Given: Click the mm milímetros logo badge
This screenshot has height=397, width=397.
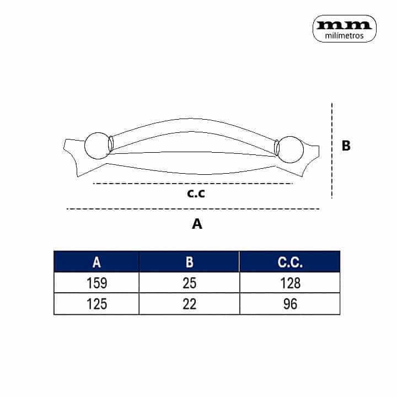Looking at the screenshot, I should click(x=345, y=28).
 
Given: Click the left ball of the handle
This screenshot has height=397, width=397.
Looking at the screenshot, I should click(x=96, y=146).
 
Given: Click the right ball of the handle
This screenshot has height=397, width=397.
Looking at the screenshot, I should click(x=289, y=149).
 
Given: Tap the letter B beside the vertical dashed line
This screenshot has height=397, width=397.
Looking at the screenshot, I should click(x=346, y=146).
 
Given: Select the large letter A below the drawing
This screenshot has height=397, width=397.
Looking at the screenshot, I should click(x=197, y=224).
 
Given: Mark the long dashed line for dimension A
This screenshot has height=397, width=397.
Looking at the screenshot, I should click(x=193, y=209).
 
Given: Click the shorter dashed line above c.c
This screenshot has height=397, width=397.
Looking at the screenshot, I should click(x=193, y=183).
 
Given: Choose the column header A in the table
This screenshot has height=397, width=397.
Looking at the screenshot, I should click(x=96, y=262).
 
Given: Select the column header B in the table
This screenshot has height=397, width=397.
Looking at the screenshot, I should click(x=189, y=262).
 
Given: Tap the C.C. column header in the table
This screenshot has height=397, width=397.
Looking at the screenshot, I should click(x=289, y=262).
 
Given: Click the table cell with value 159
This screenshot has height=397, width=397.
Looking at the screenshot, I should click(x=96, y=283).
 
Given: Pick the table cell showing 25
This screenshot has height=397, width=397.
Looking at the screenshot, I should click(x=189, y=283).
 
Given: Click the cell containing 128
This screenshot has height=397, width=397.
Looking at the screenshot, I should click(x=289, y=283).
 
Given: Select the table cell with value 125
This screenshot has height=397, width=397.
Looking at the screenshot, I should click(x=96, y=304).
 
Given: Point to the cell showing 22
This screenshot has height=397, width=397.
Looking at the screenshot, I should click(x=189, y=304).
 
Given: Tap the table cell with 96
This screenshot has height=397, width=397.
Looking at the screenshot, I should click(x=289, y=304).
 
